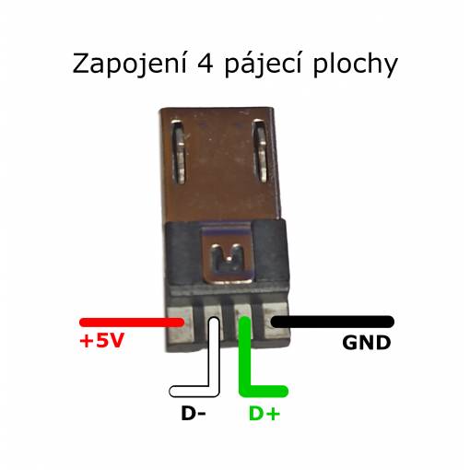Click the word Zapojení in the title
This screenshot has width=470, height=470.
(130, 65)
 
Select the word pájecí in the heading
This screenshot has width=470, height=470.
(263, 65)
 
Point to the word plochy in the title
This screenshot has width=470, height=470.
(356, 65)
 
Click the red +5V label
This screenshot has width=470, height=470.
(101, 340)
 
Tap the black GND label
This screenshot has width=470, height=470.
(366, 343)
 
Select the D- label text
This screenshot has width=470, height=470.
(194, 414)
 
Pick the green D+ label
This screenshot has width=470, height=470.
(264, 414)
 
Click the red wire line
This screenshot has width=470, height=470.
(132, 322)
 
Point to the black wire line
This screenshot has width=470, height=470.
(332, 322)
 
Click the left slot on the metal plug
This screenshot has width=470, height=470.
(179, 151)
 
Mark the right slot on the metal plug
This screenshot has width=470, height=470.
(260, 150)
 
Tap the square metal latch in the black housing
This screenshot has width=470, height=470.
(227, 254)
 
